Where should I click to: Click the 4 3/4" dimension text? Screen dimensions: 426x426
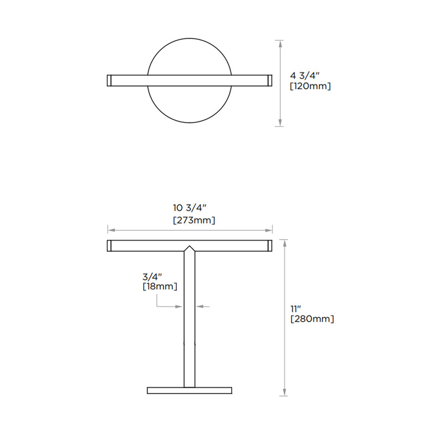pyautogui.click(x=307, y=75)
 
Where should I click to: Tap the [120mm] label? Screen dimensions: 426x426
pyautogui.click(x=310, y=86)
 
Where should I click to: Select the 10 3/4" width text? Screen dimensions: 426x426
pyautogui.click(x=190, y=208)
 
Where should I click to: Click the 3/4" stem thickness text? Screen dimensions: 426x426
pyautogui.click(x=152, y=276)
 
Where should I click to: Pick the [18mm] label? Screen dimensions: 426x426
pyautogui.click(x=160, y=286)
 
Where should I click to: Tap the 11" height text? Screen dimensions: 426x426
pyautogui.click(x=296, y=308)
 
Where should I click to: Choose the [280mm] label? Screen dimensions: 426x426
pyautogui.click(x=312, y=319)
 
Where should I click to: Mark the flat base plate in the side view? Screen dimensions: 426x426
pyautogui.click(x=190, y=390)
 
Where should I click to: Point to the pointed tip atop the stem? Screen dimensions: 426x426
pyautogui.click(x=190, y=248)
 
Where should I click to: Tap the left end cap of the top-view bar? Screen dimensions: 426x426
pyautogui.click(x=109, y=80)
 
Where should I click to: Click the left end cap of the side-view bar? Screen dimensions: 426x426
pyautogui.click(x=109, y=245)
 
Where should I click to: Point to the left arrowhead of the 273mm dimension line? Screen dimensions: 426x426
pyautogui.click(x=110, y=230)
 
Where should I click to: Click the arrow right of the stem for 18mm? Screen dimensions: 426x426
pyautogui.click(x=200, y=306)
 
